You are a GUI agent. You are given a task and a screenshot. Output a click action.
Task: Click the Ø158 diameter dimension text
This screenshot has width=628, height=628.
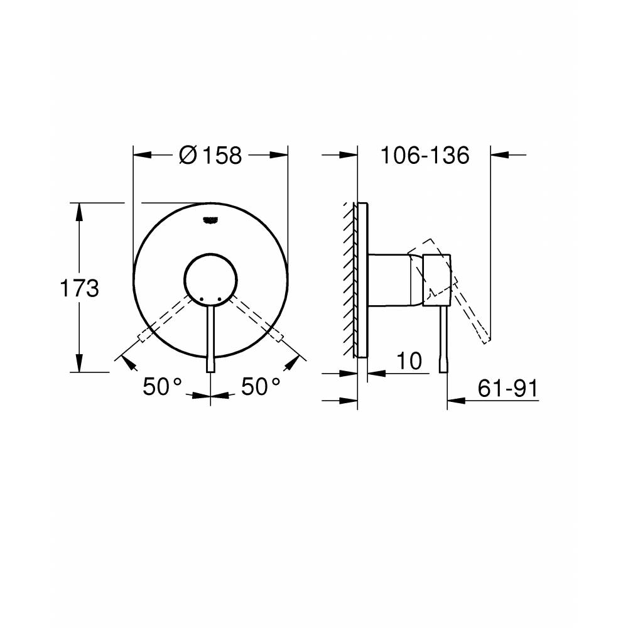coord(210,155)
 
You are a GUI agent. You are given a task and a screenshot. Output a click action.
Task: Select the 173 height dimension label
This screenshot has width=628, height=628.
coord(79,289)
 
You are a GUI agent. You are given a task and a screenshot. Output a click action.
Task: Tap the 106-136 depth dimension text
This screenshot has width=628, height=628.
coord(425,155)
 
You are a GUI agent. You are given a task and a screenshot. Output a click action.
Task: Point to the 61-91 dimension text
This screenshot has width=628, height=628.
coord(508,389)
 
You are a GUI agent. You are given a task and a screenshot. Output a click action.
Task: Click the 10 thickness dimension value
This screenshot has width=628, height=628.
coord(408,362)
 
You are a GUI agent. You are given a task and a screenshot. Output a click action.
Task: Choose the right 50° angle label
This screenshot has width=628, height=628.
coord(260,387)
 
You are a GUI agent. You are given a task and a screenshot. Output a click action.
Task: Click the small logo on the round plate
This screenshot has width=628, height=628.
coord(210,219)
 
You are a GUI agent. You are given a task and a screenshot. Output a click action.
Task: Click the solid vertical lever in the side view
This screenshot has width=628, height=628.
coord(444,339)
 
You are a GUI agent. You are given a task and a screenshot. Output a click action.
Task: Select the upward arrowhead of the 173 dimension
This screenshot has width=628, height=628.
coord(79,210)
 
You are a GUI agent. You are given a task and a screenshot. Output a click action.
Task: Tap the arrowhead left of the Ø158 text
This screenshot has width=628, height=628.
coord(142,155)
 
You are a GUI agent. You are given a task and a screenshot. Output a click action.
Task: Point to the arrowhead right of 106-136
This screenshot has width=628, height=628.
coord(499,155)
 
